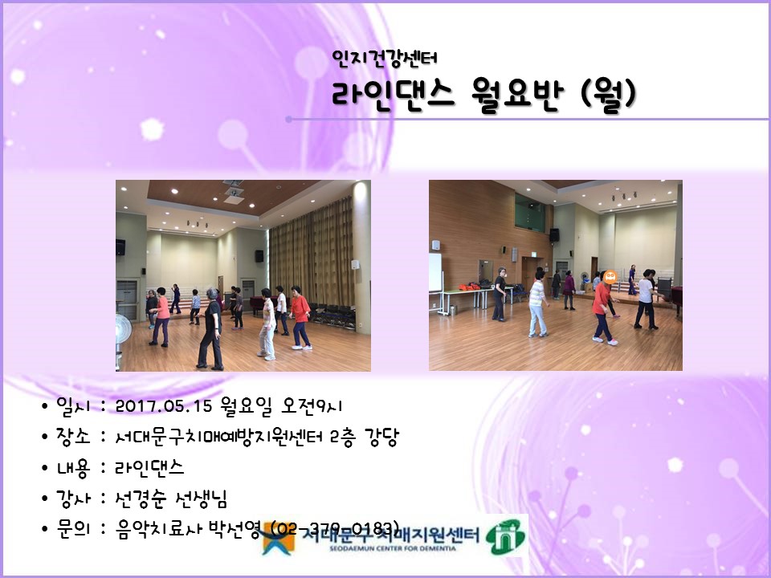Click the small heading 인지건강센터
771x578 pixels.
tap(384, 59)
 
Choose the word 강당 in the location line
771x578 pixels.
tap(381, 437)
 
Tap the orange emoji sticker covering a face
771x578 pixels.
tap(610, 279)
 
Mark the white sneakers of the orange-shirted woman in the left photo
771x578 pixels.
tap(302, 346)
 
